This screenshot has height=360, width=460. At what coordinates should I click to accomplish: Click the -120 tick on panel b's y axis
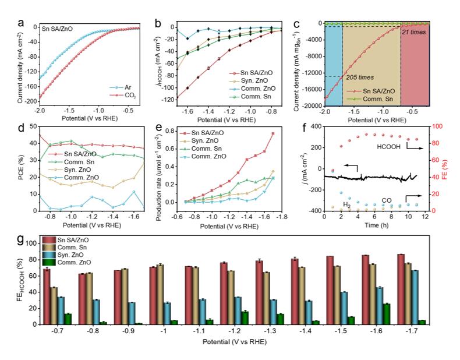168,100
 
